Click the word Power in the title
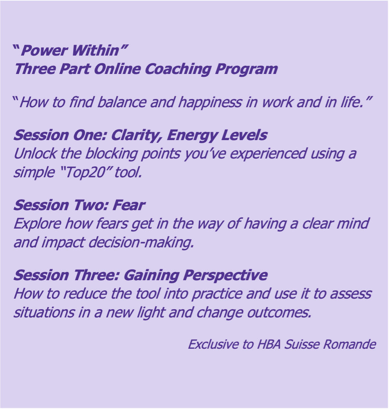click(x=44, y=50)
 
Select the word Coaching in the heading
click(x=178, y=69)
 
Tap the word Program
click(x=247, y=70)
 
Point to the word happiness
click(x=210, y=102)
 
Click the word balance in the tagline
click(x=122, y=102)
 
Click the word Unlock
click(x=35, y=153)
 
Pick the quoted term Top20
click(x=85, y=173)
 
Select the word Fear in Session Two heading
click(x=129, y=205)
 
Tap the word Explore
click(x=37, y=224)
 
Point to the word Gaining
click(x=151, y=276)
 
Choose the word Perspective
click(x=225, y=276)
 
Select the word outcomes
click(x=279, y=312)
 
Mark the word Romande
click(x=350, y=344)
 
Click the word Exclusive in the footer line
click(x=214, y=344)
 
